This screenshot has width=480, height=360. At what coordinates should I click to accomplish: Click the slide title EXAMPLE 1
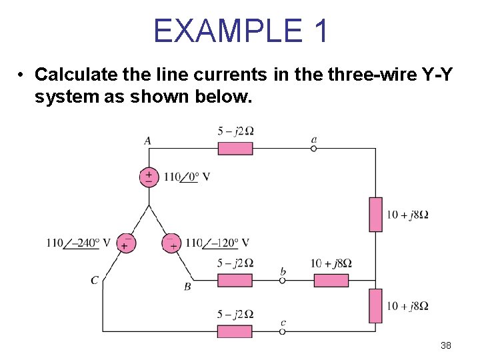[241, 31]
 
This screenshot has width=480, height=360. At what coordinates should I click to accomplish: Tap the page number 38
[446, 345]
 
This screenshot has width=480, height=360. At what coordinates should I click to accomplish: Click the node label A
[147, 141]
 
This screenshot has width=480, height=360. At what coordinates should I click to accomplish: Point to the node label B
[187, 287]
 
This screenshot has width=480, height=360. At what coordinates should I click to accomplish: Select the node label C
[95, 280]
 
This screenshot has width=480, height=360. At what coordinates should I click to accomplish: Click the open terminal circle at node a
[313, 148]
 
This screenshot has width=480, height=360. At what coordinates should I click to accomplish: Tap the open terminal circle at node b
[282, 281]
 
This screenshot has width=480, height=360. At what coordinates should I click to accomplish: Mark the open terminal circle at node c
[282, 331]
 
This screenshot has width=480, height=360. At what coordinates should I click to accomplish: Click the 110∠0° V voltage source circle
[149, 177]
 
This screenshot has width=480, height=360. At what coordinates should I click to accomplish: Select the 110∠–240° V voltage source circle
[125, 243]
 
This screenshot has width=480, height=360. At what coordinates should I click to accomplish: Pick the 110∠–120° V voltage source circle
[172, 243]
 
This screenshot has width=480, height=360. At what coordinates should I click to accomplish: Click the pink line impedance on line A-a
[235, 148]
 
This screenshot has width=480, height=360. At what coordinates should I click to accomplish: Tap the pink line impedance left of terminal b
[235, 281]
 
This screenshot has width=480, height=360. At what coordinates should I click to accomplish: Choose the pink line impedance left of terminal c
[235, 331]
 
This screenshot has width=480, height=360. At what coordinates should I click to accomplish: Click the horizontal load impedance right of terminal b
[331, 281]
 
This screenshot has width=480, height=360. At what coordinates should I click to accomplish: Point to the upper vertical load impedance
[375, 214]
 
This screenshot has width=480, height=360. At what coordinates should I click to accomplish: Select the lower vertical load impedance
[375, 306]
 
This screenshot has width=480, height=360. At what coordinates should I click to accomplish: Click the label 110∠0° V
[187, 177]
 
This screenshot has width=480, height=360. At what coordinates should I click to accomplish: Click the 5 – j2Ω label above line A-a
[235, 131]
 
